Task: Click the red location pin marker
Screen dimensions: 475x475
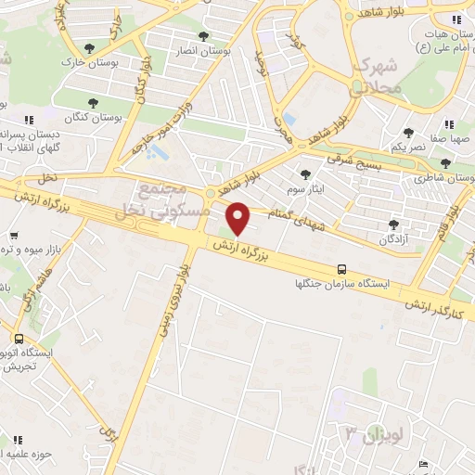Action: point(238,218)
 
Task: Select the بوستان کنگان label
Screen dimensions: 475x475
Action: point(90,118)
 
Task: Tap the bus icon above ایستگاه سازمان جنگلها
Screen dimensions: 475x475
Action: point(343,268)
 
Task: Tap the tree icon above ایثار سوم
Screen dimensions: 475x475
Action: point(305,173)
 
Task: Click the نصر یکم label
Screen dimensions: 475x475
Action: point(408,148)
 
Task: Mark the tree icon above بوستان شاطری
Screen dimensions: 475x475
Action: point(445,163)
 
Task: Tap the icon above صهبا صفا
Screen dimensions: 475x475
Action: point(449,124)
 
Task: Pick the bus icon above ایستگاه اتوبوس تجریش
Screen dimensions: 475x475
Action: point(19,339)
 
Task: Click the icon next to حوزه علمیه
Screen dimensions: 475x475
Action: point(16,439)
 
